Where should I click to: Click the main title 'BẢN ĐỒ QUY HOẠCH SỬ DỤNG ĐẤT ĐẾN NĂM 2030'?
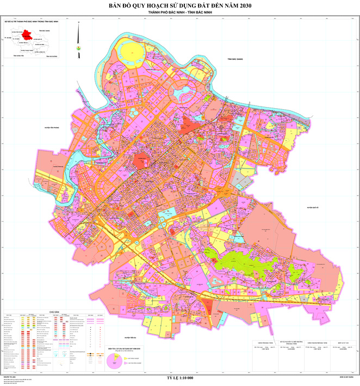click(x=180, y=7)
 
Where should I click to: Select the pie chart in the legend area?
click(x=115, y=360)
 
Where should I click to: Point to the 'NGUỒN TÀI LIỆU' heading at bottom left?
click(x=9, y=376)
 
